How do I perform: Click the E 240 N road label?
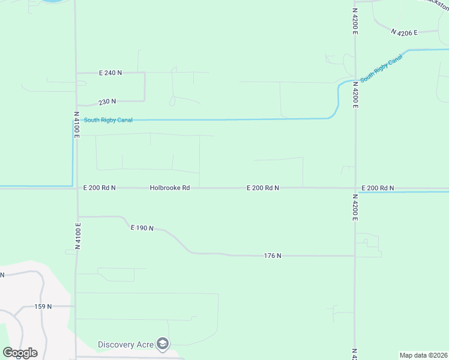pos(110,73)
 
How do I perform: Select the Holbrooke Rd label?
pos(170,188)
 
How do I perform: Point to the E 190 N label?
pos(142,228)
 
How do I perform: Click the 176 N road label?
pos(273,256)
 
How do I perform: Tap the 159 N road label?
pos(43,306)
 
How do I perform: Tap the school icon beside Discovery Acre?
pos(162,344)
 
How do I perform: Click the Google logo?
pos(20,353)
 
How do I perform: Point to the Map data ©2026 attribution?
pos(423,355)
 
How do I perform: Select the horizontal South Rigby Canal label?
pos(108,120)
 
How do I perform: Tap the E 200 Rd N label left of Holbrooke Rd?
pos(99,188)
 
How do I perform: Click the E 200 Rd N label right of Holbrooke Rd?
pos(263,188)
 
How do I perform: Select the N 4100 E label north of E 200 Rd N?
pos(77,125)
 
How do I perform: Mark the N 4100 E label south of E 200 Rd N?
pos(77,236)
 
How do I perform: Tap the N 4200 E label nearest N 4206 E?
pos(355,21)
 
